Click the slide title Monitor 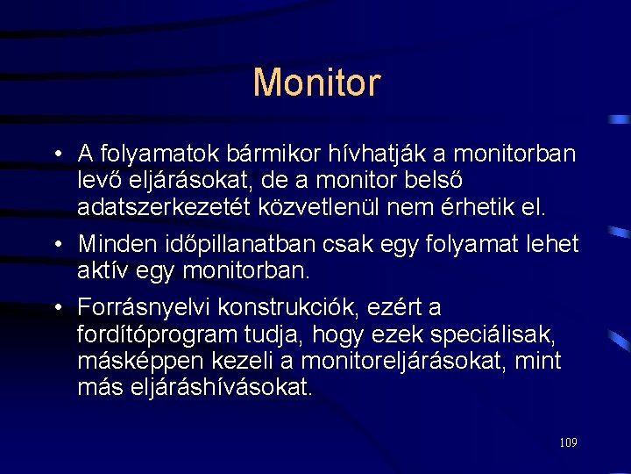[x=316, y=83]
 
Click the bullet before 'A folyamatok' [x=55, y=155]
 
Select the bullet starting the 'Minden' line [x=55, y=241]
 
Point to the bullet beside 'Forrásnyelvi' [x=55, y=308]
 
